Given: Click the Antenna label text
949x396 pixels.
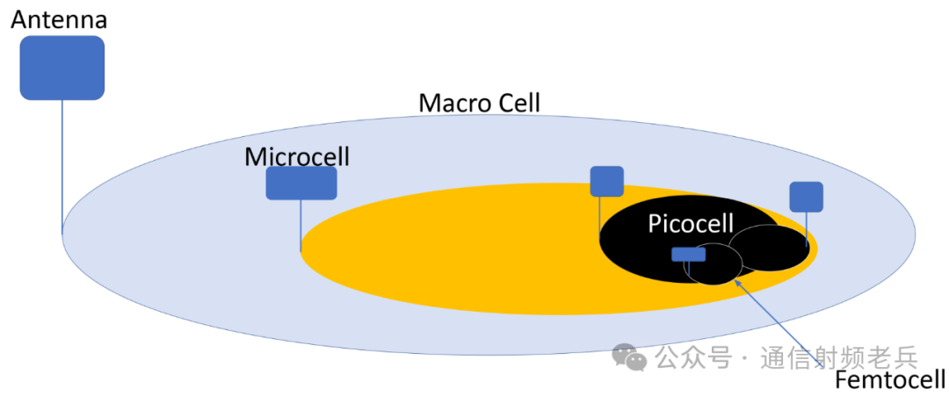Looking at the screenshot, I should pyautogui.click(x=59, y=18).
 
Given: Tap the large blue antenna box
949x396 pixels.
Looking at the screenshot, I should pyautogui.click(x=62, y=68).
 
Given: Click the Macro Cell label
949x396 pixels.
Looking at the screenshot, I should pyautogui.click(x=479, y=103).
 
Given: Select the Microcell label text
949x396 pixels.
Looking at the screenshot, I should pyautogui.click(x=297, y=156).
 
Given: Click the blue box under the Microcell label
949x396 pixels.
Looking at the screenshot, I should pyautogui.click(x=301, y=184).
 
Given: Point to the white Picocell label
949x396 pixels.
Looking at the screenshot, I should pyautogui.click(x=691, y=224).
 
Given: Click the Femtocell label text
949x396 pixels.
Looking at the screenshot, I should pyautogui.click(x=889, y=381).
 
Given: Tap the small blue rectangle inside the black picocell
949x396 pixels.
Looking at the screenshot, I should pyautogui.click(x=688, y=254).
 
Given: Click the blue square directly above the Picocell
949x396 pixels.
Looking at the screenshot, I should pyautogui.click(x=606, y=181).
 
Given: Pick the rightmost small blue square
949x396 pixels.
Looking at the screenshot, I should pyautogui.click(x=806, y=197).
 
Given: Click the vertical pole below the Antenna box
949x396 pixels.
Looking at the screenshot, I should pyautogui.click(x=62, y=167).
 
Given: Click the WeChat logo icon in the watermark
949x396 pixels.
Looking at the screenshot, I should pyautogui.click(x=629, y=356).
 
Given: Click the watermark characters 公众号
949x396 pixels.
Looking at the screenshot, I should pyautogui.click(x=693, y=358).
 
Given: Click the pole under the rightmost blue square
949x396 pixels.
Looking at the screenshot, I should pyautogui.click(x=807, y=229).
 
